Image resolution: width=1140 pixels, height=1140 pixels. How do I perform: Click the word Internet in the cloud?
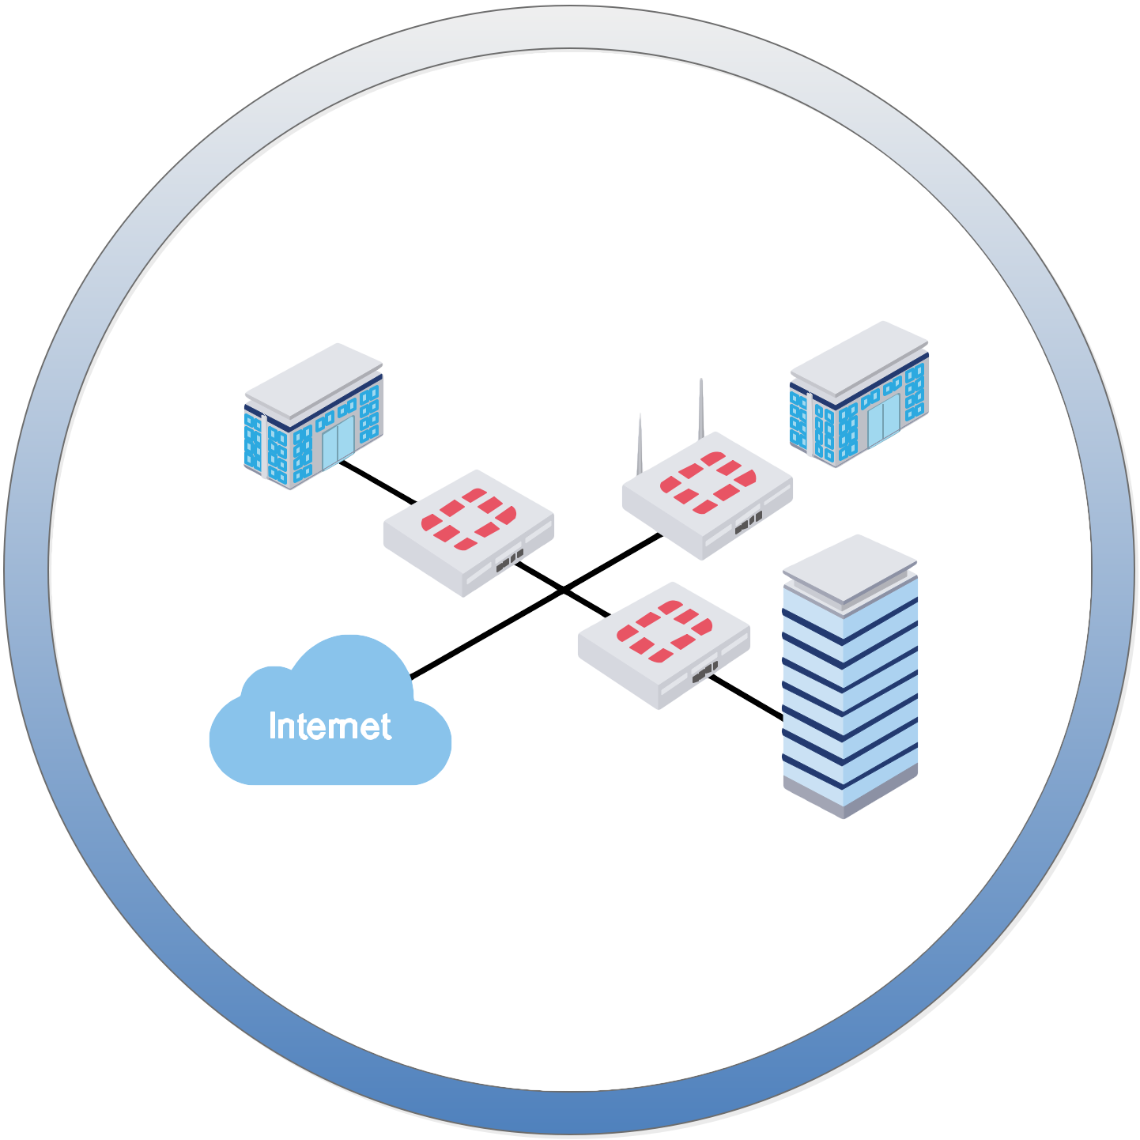[330, 727]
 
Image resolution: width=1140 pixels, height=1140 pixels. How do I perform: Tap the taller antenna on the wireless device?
[700, 408]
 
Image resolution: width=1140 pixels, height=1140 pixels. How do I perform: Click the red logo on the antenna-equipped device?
[708, 481]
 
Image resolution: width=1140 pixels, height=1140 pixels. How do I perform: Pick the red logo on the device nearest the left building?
[468, 519]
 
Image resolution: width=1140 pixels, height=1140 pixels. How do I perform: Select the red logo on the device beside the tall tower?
[663, 630]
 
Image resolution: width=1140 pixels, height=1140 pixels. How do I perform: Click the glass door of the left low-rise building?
[338, 443]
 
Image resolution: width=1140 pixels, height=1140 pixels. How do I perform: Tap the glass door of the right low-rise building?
[884, 425]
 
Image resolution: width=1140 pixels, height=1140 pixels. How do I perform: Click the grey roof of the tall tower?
[849, 568]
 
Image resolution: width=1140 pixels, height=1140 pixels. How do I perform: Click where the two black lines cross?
[564, 590]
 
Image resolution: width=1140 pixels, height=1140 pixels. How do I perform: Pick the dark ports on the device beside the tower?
[704, 672]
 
